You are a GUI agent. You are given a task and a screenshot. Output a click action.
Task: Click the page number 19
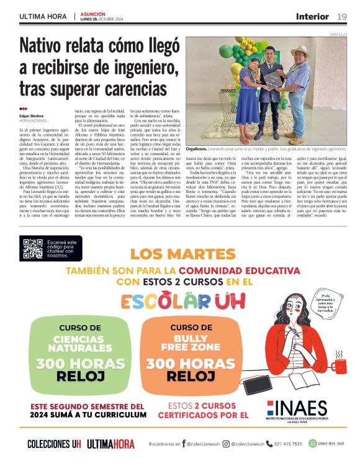[342, 16]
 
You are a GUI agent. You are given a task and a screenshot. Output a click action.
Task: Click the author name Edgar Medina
[32, 116]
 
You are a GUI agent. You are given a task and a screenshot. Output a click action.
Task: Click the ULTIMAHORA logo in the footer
[110, 444]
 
